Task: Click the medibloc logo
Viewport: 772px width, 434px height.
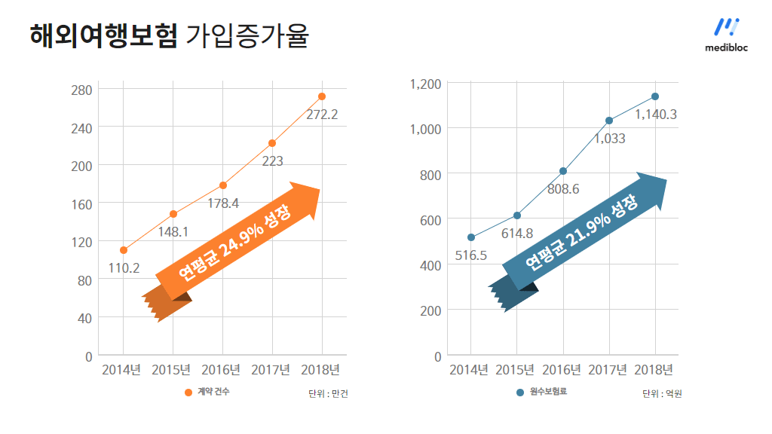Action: tap(726, 35)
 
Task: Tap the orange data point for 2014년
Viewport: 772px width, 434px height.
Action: tap(124, 250)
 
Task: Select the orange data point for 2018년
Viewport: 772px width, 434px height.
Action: tap(322, 96)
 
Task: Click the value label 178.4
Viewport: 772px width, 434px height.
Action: tap(223, 203)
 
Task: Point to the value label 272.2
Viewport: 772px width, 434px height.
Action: tap(322, 115)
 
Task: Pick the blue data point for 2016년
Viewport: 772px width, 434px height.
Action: tap(563, 171)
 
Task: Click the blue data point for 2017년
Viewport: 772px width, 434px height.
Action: tap(609, 121)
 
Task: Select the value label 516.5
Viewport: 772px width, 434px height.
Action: tap(471, 256)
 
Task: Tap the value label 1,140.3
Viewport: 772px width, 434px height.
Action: tap(656, 115)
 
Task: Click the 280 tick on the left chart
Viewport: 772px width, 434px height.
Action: tap(81, 90)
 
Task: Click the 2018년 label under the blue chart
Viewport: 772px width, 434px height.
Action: tap(654, 370)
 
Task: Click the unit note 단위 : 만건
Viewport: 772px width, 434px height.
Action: tap(328, 393)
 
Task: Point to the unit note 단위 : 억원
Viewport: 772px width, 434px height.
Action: tap(662, 393)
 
